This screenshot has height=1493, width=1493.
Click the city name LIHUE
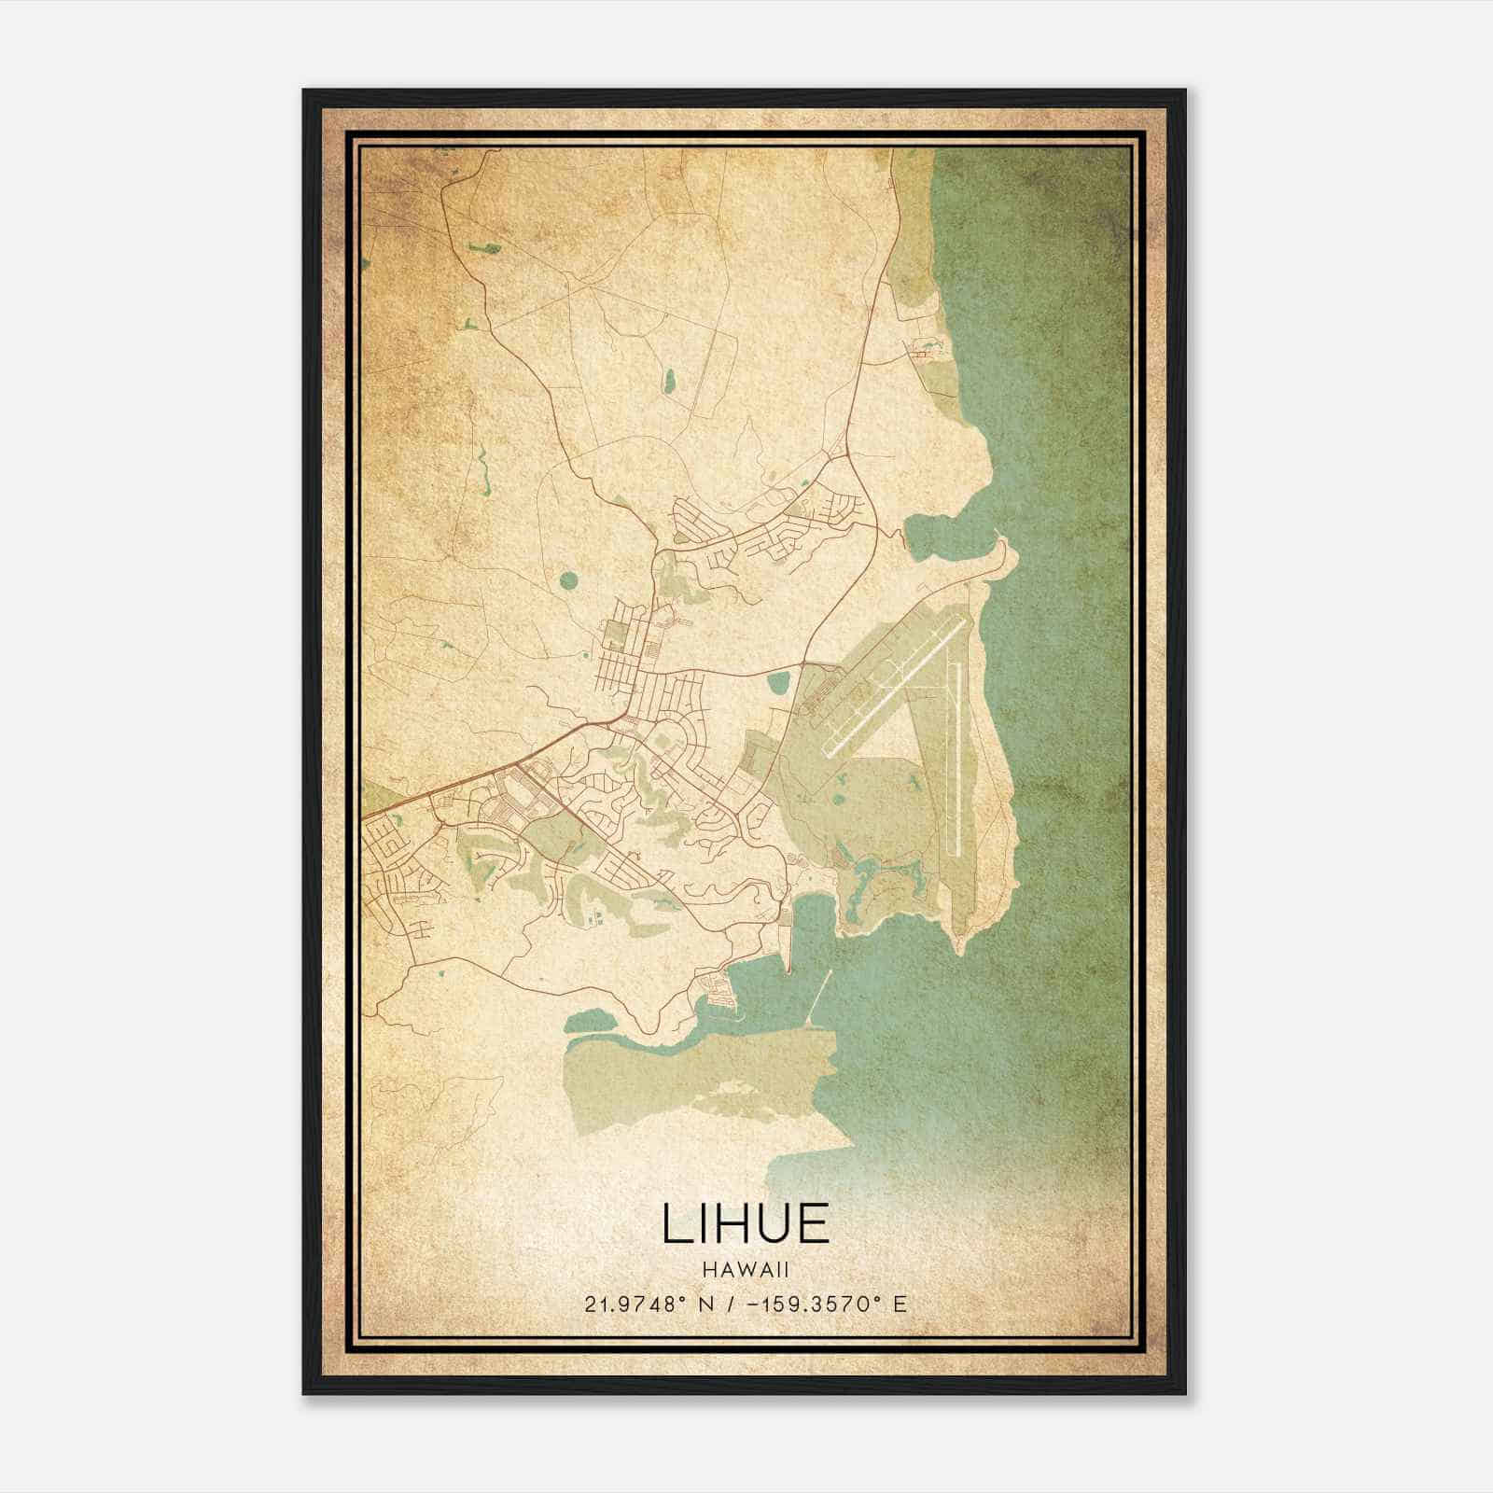746,1223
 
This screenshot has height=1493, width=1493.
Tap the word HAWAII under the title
746,1270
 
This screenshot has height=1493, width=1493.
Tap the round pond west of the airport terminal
776,686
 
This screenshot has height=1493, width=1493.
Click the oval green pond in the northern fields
668,381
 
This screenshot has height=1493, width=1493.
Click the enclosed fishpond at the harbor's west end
607,1020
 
